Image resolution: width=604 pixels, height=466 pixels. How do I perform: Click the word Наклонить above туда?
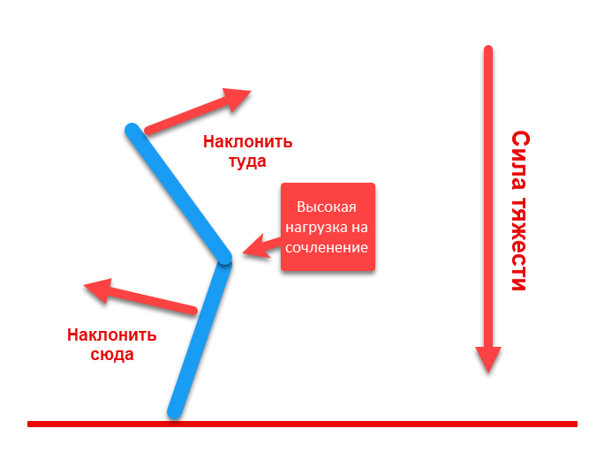point(247,142)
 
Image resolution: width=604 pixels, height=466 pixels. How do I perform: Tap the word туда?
point(247,162)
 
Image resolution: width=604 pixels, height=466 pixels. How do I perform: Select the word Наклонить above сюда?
point(112,335)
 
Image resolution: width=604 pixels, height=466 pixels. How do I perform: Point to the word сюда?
point(113,355)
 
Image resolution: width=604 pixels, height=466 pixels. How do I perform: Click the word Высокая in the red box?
point(326,207)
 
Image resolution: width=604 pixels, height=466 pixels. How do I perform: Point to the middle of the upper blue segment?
point(178,195)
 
